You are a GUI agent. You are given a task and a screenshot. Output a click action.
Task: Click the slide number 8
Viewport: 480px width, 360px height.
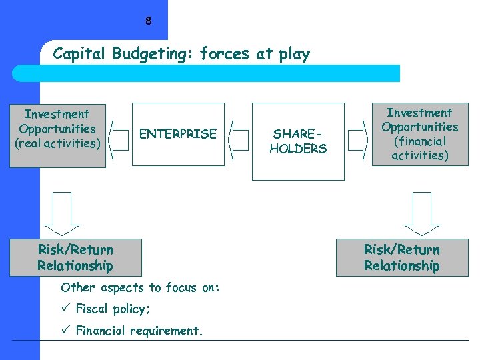pos(148,21)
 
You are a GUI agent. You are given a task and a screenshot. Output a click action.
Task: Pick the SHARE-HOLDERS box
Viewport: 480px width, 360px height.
pos(298,141)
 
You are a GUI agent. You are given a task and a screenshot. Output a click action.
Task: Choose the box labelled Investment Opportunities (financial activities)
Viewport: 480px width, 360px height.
pos(419,134)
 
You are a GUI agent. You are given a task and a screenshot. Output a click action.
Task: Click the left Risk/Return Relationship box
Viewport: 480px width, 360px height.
pos(75,258)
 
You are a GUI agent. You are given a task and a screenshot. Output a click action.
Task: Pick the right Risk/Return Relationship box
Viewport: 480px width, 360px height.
pos(402,258)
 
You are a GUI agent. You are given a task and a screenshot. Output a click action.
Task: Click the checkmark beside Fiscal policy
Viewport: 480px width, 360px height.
pos(65,309)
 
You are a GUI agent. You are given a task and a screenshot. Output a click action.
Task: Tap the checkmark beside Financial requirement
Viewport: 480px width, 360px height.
pos(65,330)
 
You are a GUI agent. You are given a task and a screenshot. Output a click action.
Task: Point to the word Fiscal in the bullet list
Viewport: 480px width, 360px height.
pos(91,309)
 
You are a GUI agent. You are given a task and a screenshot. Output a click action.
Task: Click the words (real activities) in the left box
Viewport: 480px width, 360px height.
pos(57,143)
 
